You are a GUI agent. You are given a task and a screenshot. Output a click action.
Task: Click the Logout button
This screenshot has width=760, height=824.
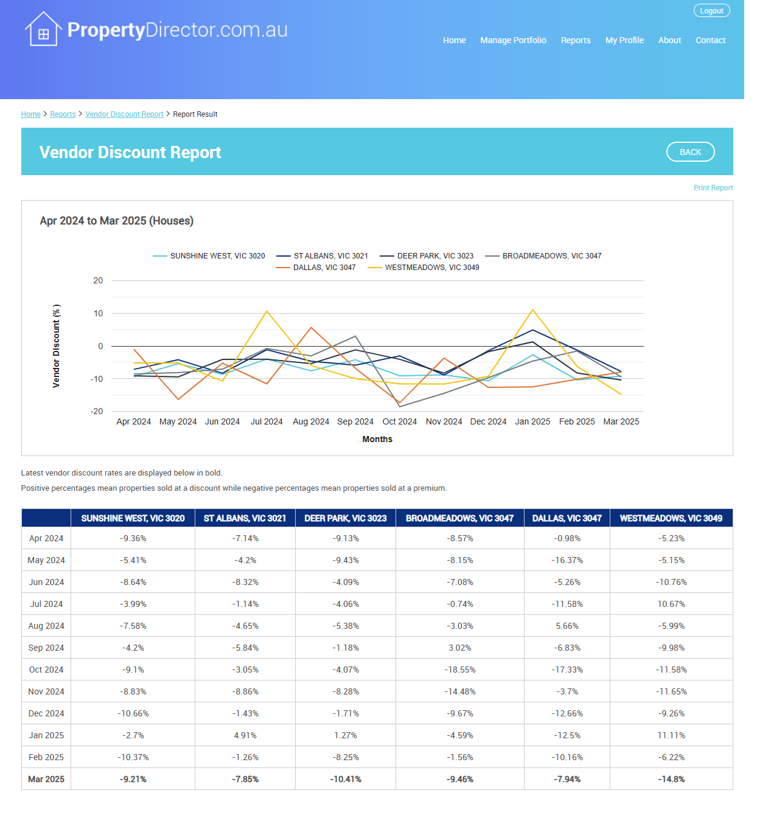(711, 11)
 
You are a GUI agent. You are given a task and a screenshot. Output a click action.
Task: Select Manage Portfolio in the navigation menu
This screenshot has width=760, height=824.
(513, 40)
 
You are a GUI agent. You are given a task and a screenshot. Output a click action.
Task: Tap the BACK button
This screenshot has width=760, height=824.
(690, 152)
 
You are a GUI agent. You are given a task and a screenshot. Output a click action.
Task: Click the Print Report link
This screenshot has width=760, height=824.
(713, 187)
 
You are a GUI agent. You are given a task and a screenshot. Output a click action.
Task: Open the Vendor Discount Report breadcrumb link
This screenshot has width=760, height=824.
(124, 114)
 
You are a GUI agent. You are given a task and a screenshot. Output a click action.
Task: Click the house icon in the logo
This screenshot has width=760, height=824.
(43, 29)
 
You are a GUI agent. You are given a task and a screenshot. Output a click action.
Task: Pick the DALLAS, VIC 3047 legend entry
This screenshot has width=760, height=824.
(316, 267)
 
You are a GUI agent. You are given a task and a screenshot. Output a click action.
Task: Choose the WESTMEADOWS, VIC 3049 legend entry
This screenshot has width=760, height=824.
(423, 267)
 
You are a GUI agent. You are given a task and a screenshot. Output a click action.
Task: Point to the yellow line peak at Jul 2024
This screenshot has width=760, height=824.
(267, 311)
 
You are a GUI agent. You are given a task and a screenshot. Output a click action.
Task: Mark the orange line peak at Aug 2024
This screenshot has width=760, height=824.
(311, 327)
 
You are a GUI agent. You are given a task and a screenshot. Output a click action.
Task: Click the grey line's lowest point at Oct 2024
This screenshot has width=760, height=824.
(400, 406)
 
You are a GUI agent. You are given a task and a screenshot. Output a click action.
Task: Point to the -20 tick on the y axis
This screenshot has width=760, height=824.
(97, 411)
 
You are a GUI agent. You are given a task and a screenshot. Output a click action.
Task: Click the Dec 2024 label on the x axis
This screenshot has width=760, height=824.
(488, 421)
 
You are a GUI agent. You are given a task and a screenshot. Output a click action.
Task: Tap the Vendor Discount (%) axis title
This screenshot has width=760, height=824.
(56, 346)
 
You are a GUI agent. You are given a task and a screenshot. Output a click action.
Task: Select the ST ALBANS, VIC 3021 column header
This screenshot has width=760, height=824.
(245, 518)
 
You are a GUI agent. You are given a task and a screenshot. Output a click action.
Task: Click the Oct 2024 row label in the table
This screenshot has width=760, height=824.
(46, 670)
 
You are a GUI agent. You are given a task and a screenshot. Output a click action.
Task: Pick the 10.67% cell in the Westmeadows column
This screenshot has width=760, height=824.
(671, 604)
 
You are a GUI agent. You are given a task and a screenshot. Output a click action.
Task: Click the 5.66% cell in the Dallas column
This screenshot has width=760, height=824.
(567, 626)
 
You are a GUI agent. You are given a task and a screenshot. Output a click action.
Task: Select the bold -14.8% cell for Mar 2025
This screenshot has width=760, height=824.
(671, 779)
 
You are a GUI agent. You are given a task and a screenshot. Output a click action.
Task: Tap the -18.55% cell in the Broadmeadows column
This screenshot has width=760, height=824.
(460, 670)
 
